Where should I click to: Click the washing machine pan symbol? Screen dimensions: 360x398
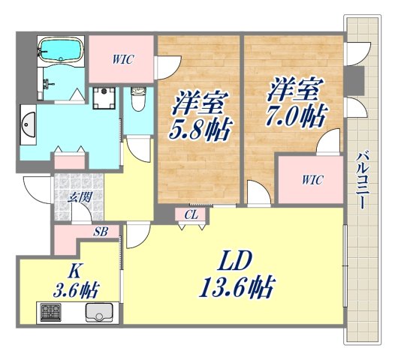click(103, 97)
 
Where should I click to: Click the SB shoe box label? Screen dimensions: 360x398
click(99, 232)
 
